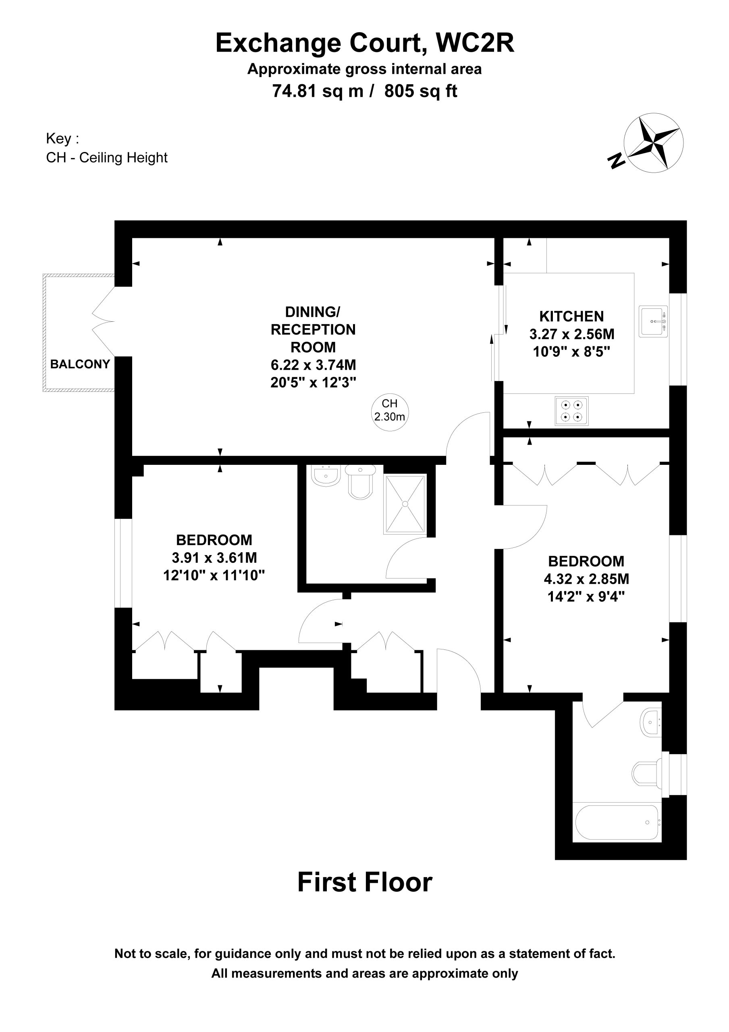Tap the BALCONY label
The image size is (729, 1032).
80,364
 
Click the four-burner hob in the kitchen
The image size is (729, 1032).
571,411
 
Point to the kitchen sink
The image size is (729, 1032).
653,321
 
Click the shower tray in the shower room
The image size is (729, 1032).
405,504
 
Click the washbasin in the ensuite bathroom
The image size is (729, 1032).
650,722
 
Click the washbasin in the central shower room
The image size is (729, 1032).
325,476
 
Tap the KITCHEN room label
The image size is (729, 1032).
571,316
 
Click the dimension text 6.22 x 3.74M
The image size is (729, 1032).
313,364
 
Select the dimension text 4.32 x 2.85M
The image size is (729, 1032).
586,579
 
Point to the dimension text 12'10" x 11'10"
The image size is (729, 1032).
214,575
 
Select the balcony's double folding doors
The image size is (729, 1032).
104,321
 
